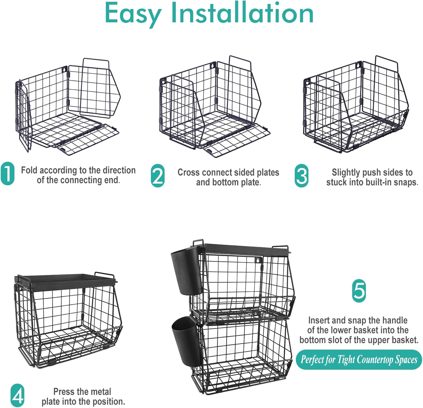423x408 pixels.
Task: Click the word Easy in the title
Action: [x=133, y=14]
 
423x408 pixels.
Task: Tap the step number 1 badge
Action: [x=8, y=174]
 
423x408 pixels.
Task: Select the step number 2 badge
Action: [x=158, y=176]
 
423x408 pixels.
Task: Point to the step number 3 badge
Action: [x=301, y=176]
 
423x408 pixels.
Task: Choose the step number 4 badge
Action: [x=17, y=395]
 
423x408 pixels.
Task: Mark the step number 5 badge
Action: [x=359, y=291]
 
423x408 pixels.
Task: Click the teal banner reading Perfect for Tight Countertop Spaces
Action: [x=359, y=359]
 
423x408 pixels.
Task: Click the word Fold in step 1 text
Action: [x=29, y=170]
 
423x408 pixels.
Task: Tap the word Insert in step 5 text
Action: [x=319, y=321]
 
